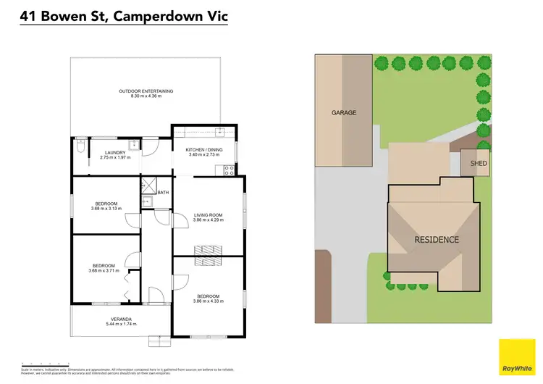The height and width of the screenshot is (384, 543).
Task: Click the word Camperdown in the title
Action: tap(156, 14)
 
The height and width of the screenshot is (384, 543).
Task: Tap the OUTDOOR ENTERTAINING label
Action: tap(146, 91)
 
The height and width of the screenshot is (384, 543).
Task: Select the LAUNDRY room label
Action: tap(115, 152)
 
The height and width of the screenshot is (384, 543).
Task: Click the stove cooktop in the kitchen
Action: tap(229, 171)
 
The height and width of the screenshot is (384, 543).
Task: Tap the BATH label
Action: tap(163, 193)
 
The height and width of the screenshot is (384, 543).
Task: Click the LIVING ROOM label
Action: tap(208, 214)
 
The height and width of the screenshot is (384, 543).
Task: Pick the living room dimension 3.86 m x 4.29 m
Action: tap(208, 220)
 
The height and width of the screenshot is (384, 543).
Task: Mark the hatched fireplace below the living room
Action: tap(208, 250)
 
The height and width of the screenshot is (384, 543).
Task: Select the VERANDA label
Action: tap(121, 319)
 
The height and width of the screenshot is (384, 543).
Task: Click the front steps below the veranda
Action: tap(157, 341)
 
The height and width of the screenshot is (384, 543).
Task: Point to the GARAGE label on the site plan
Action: tap(344, 113)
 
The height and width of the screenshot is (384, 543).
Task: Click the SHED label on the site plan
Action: tap(479, 164)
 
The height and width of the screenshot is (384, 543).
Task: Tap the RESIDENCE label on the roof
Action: tap(437, 240)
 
